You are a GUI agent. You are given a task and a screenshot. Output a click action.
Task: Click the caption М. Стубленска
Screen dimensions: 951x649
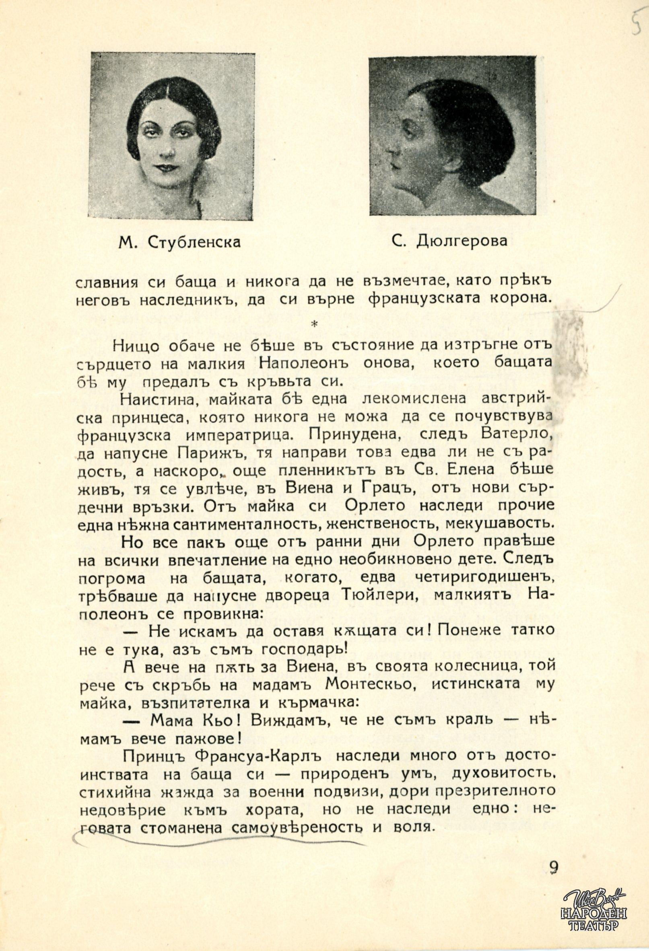pos(179,243)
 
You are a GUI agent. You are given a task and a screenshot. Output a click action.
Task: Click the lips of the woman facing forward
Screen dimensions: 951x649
pos(165,167)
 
